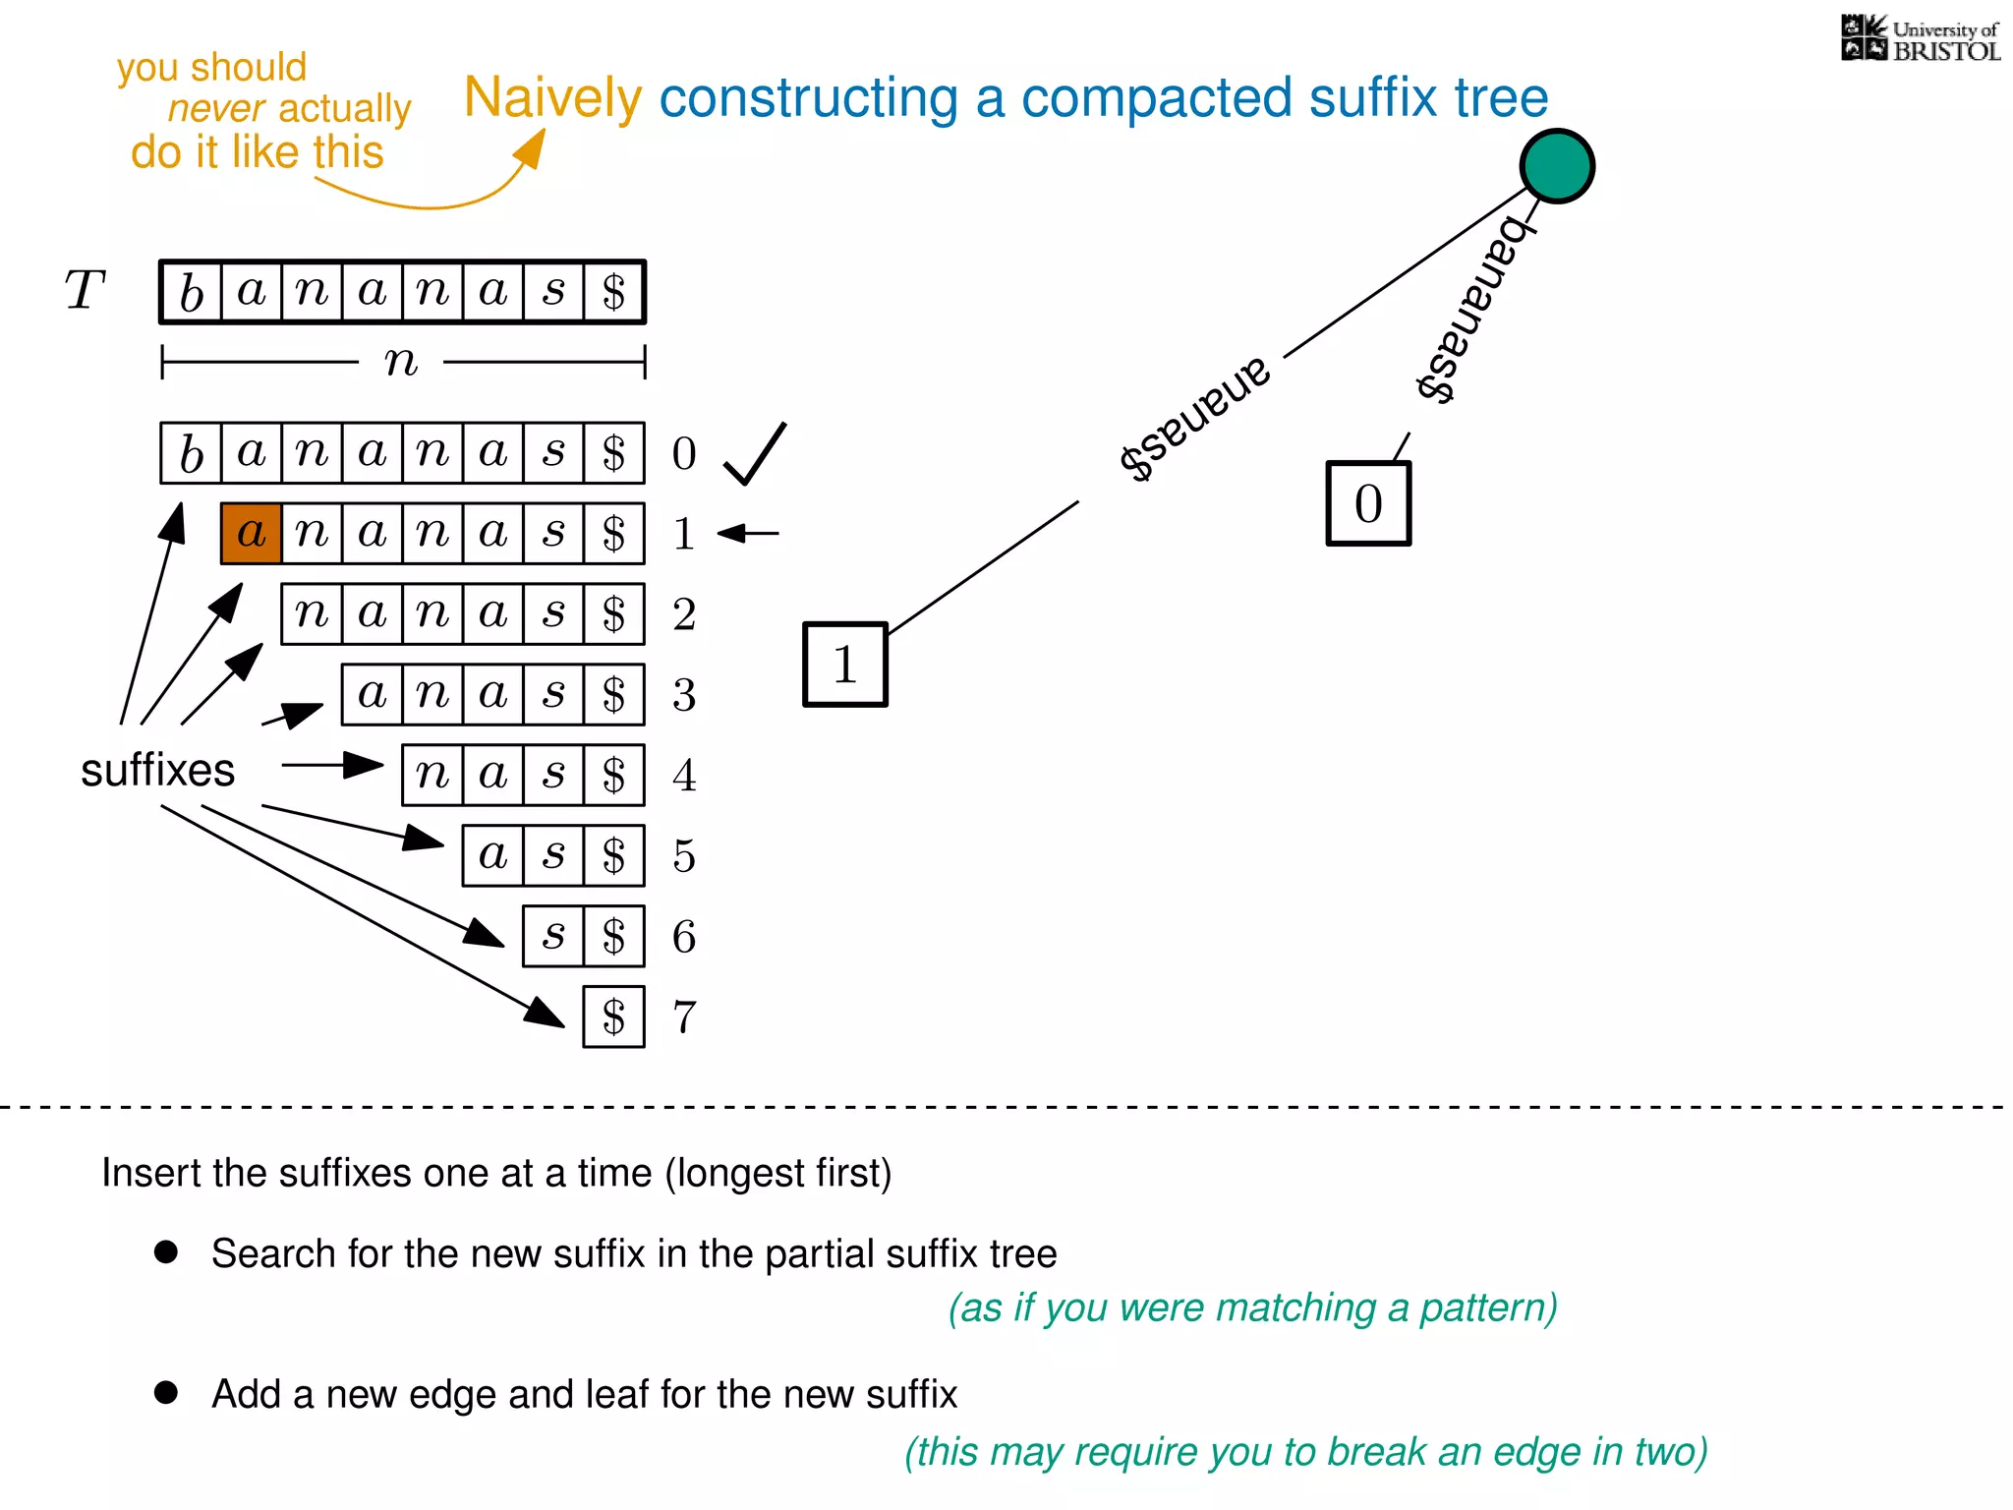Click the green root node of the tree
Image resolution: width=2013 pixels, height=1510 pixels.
[1557, 166]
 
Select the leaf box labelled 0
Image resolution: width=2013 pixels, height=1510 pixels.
[1368, 503]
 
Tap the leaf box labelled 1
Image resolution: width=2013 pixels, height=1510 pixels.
[845, 665]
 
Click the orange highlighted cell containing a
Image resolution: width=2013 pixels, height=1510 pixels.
[252, 534]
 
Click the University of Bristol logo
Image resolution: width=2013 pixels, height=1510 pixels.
[1920, 39]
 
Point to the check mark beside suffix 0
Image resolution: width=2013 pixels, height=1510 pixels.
[754, 453]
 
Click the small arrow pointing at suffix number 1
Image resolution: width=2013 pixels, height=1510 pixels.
[748, 534]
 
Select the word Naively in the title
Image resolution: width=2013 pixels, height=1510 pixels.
[552, 97]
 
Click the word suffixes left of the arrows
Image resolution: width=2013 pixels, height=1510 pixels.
[157, 770]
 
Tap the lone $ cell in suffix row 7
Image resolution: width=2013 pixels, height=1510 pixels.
[614, 1016]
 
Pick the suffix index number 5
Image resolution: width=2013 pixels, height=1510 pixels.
[684, 856]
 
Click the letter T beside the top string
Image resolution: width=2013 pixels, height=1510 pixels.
[85, 291]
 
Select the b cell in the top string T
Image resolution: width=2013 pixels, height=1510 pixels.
[192, 292]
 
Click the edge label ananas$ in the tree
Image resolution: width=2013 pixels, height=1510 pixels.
[1194, 418]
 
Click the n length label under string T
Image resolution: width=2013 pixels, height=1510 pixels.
[401, 362]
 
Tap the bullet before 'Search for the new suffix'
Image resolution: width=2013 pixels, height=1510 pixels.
[166, 1251]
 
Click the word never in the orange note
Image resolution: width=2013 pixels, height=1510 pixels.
[216, 108]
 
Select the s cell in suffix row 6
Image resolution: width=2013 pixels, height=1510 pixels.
[553, 936]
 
